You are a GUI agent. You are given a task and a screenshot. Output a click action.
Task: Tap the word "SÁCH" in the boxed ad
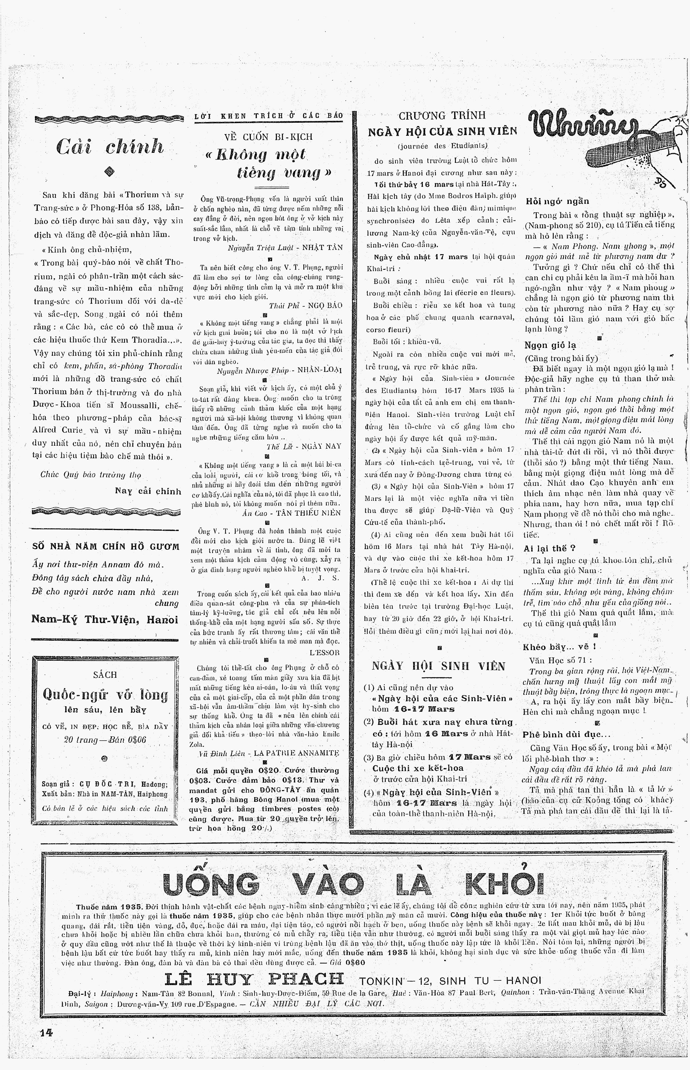[x=105, y=674]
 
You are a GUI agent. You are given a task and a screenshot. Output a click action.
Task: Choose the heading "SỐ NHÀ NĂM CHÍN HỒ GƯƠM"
[x=106, y=547]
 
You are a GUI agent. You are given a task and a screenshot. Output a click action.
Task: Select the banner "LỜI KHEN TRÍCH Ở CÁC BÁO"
[x=269, y=116]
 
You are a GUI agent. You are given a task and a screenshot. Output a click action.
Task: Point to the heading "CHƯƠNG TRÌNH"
[x=442, y=116]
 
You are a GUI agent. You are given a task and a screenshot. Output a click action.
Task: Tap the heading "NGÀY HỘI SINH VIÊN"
[x=438, y=666]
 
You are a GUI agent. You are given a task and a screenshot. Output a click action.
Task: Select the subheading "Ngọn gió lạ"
[x=550, y=345]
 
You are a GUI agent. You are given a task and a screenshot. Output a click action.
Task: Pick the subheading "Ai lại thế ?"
[x=549, y=548]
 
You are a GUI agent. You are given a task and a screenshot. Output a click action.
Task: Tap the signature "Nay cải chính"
[x=148, y=491]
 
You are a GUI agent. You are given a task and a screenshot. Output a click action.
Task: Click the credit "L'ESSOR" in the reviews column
[x=324, y=652]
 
